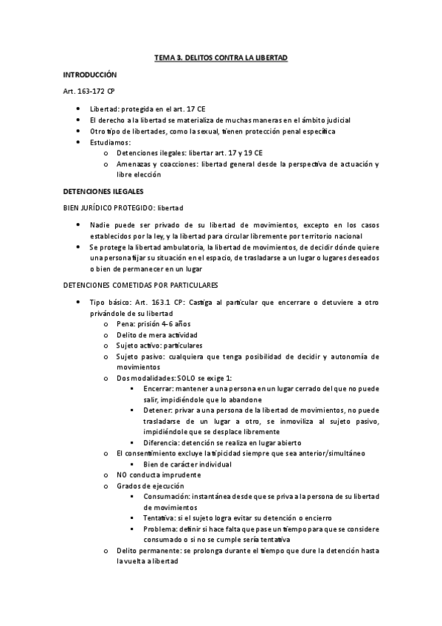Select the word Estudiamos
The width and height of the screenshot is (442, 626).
pos(110,142)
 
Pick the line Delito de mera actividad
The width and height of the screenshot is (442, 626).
pos(156,334)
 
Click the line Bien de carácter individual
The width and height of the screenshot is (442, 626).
pos(187,464)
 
